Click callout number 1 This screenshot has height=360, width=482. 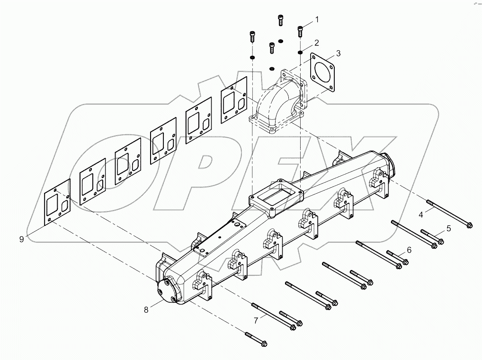(317, 19)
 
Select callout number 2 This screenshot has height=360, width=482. (316, 42)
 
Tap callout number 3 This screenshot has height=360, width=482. (338, 54)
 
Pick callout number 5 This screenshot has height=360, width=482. (448, 228)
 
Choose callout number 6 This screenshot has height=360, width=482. (409, 250)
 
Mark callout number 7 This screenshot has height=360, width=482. (256, 321)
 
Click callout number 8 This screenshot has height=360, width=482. (146, 310)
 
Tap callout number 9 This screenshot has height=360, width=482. (22, 240)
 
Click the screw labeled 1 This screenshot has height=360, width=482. (299, 31)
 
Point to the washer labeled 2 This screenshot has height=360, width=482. (300, 51)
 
